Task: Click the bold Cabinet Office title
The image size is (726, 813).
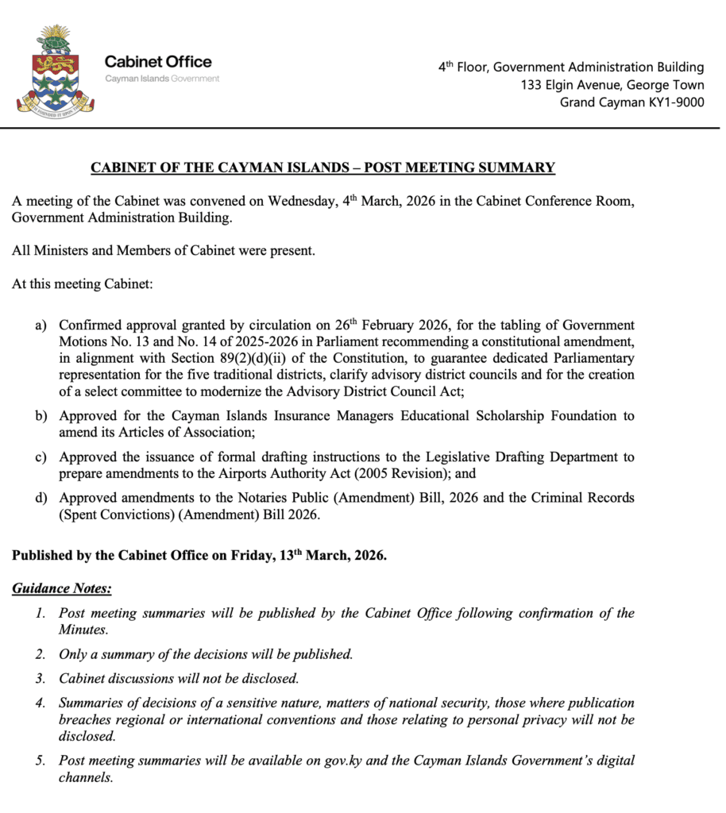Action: [x=158, y=61]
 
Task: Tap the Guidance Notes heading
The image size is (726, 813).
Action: [x=62, y=588]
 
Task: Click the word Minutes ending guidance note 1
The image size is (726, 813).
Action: [x=83, y=630]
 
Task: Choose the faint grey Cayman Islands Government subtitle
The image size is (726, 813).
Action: [x=162, y=79]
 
